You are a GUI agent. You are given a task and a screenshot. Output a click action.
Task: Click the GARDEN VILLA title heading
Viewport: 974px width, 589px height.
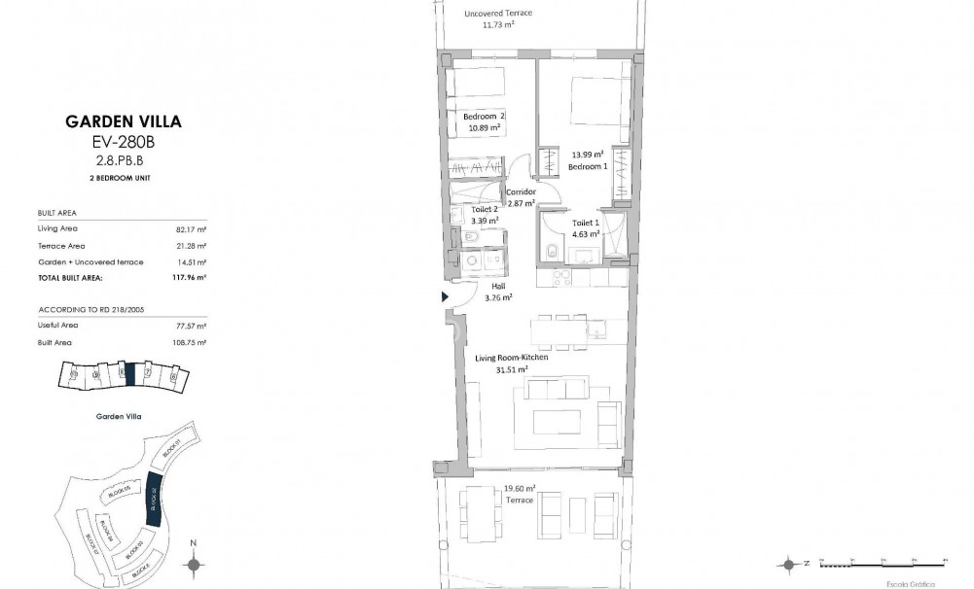coord(123,121)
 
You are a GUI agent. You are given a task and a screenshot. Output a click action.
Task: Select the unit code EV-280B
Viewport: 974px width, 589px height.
coord(123,141)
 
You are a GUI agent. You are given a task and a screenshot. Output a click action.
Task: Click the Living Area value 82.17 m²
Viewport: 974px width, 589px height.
coord(193,228)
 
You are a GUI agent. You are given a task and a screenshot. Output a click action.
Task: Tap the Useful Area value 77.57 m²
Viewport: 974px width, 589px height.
coord(193,326)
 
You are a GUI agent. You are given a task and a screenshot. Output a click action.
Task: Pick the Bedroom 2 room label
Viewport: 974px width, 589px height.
coord(484,117)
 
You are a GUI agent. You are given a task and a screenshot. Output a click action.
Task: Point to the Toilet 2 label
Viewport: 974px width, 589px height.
coord(485,210)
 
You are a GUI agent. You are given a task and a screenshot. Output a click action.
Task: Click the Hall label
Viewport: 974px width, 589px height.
coord(497,287)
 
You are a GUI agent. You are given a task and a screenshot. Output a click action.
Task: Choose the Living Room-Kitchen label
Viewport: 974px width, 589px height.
coord(511,358)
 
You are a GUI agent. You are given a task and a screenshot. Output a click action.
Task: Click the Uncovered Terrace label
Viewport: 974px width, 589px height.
coord(498,14)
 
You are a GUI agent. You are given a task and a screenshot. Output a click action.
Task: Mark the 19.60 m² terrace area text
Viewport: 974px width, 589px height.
coord(519,489)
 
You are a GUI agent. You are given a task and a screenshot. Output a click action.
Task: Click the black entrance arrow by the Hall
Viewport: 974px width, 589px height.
coord(445,297)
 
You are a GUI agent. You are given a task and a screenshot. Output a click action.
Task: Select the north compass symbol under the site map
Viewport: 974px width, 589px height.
coord(194,563)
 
